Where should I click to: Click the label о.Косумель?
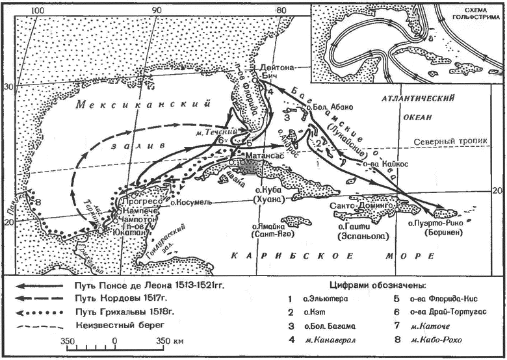[x=190, y=203]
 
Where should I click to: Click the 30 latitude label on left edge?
[x=9, y=87]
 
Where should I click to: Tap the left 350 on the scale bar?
[x=68, y=340]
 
